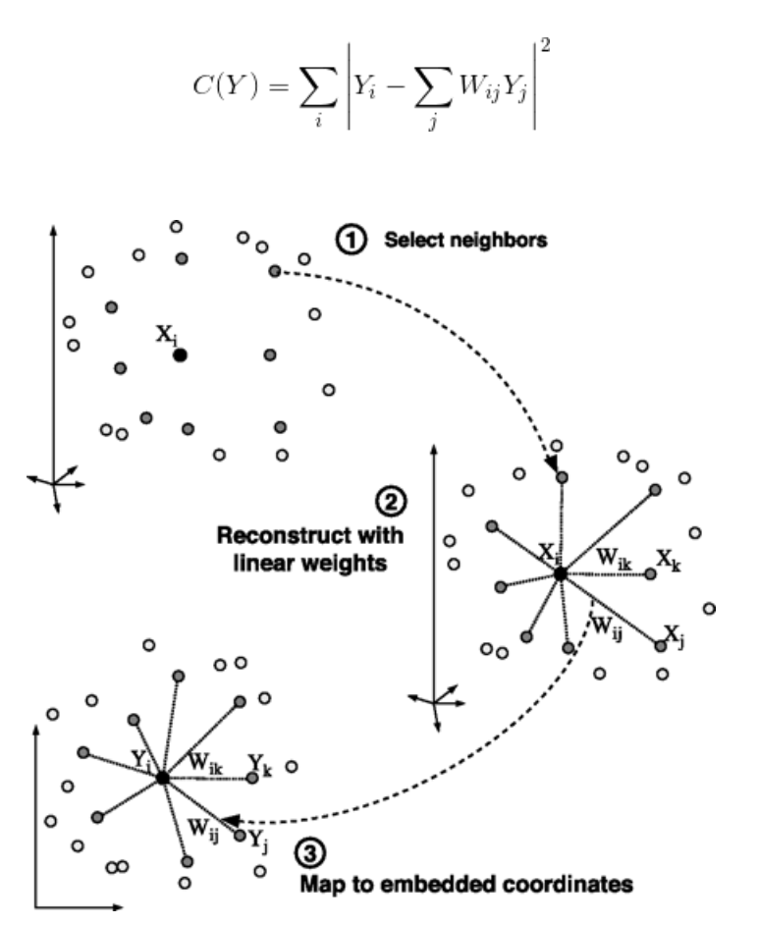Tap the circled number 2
coord(390,503)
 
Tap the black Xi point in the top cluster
coord(180,354)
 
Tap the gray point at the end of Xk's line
coord(650,572)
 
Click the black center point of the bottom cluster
coord(162,778)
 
